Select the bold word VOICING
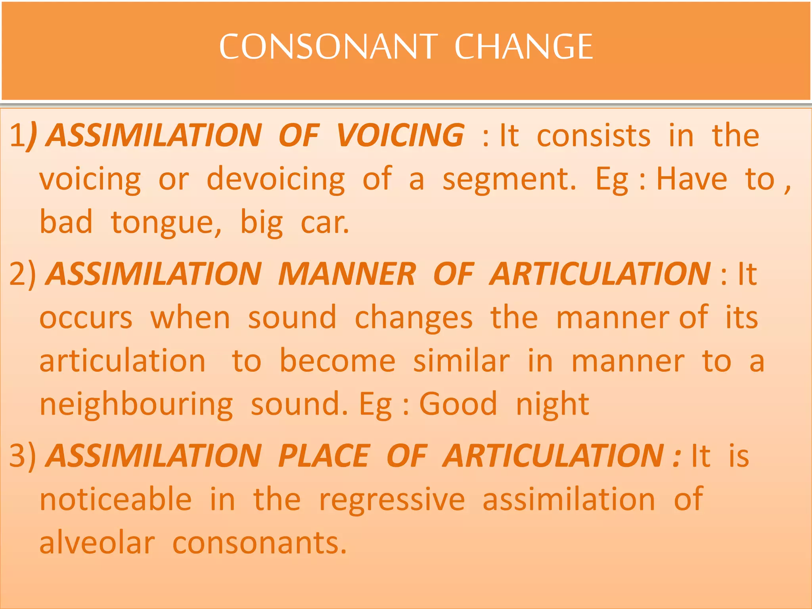pos(400,136)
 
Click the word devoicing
pos(276,179)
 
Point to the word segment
pos(509,179)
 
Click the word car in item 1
pos(324,223)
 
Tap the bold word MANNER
pos(347,274)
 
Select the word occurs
pos(86,318)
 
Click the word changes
pos(414,318)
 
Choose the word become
pos(337,361)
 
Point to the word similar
pos(461,361)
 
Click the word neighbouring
pos(136,404)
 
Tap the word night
pos(552,404)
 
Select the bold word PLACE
pos(324,456)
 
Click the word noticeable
pos(116,500)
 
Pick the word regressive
pos(392,500)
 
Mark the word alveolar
pos(97,543)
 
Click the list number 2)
pos(22,274)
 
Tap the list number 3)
pos(22,456)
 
